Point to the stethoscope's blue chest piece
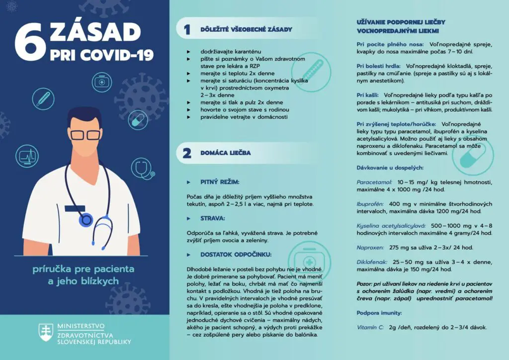tap(87, 219)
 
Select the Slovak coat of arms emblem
tap(46, 333)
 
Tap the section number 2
tap(187, 153)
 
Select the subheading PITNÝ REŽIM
tap(220, 182)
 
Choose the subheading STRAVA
tap(213, 218)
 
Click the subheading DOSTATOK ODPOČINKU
tap(236, 254)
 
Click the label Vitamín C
tap(370, 327)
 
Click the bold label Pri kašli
tap(368, 94)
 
